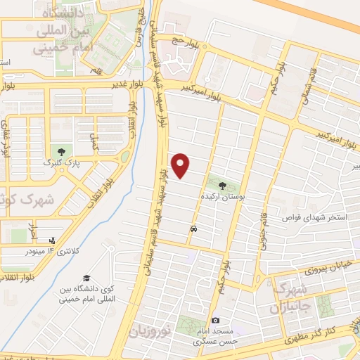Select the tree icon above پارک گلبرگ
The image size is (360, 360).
(x=62, y=151)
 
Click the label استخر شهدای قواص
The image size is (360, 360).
(x=315, y=218)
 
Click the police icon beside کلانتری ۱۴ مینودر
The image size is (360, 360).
(x=53, y=239)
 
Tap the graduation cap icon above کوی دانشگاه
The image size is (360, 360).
(x=86, y=278)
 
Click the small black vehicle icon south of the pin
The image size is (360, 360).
(x=193, y=229)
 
